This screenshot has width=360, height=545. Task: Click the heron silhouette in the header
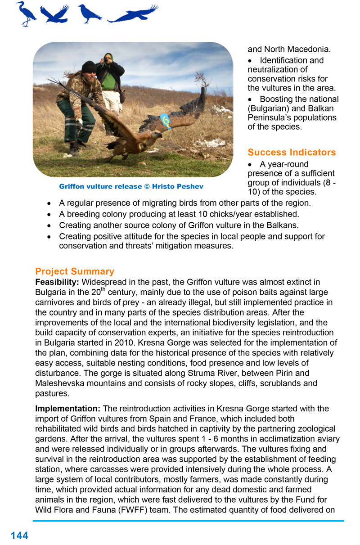pos(26,14)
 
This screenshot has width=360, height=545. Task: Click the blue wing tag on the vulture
pos(165,121)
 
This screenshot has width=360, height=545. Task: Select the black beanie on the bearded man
pos(89,67)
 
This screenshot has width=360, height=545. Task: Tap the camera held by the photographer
pos(107,58)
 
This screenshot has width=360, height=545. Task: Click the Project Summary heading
pos(75,271)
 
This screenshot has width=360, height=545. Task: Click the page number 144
pos(19,535)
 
